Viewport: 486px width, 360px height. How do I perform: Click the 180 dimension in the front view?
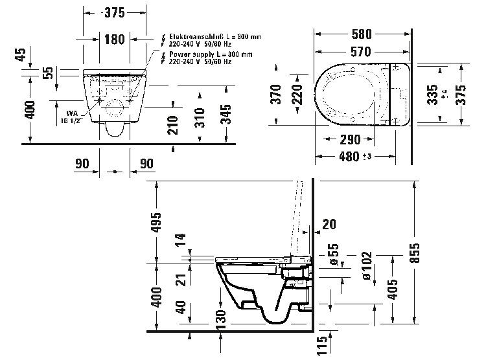pyautogui.click(x=114, y=40)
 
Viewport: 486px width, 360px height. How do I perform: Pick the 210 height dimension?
pyautogui.click(x=172, y=125)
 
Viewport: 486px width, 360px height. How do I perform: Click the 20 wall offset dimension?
pyautogui.click(x=329, y=225)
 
